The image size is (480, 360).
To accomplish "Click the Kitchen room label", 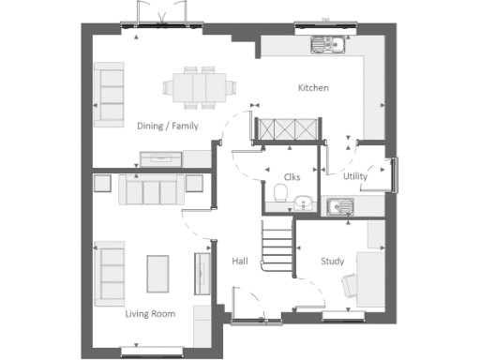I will click(313, 88).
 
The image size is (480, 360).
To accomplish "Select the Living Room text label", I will click(150, 314).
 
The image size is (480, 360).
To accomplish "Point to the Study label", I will click(332, 262).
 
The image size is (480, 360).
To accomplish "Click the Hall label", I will click(239, 262).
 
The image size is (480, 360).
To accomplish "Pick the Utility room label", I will click(355, 175).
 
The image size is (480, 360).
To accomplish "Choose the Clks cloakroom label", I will click(292, 175).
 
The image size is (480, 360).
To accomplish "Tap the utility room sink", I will click(338, 206).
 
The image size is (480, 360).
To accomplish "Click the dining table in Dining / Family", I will click(197, 86).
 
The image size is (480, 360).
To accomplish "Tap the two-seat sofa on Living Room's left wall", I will click(112, 271).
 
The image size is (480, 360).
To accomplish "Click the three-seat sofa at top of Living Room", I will click(150, 191).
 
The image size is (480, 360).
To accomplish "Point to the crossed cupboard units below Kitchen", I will click(290, 130).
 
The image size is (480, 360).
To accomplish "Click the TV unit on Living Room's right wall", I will click(200, 273).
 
